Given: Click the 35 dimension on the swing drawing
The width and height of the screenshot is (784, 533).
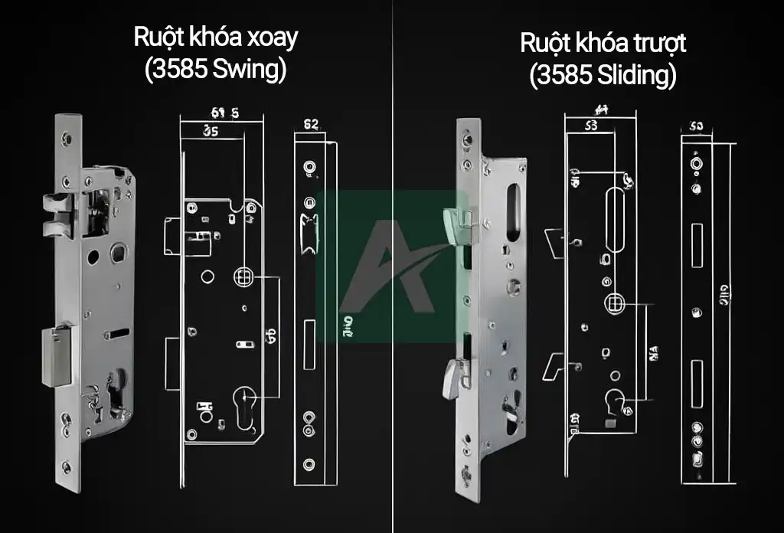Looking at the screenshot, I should pos(211,131).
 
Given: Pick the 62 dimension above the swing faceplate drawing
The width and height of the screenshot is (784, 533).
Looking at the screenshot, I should pos(311,124).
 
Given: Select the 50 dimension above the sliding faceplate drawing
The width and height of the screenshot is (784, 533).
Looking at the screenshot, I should pos(696,126).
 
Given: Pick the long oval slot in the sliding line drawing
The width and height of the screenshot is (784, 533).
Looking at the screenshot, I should pos(614,222).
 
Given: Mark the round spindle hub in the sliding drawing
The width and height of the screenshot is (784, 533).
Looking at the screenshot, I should pos(614,303).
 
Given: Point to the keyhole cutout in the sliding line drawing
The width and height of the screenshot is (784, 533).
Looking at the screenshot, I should pos(615,400).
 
